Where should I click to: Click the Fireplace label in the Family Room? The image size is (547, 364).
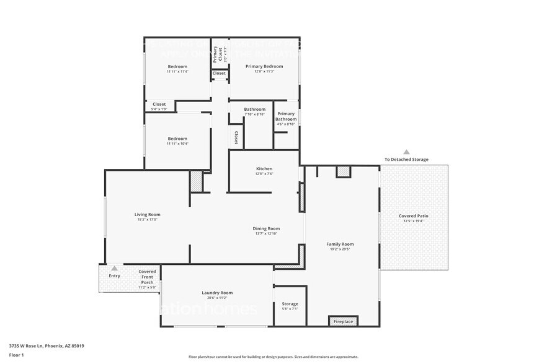tap(343, 322)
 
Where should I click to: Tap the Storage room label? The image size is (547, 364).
tap(290, 304)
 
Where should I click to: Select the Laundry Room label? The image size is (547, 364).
tap(216, 293)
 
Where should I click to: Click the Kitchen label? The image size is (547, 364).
tap(264, 169)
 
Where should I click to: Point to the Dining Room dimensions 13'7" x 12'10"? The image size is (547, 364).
tap(265, 233)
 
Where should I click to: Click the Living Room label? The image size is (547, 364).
tap(148, 214)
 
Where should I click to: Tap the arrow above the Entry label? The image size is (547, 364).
tap(114, 268)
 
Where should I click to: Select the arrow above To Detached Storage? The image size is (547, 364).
tap(406, 151)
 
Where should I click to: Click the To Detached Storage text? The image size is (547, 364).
tap(406, 160)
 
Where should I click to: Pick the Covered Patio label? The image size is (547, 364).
tap(413, 216)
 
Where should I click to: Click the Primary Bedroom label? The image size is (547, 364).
tap(264, 66)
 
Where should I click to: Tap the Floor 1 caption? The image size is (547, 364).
tap(16, 355)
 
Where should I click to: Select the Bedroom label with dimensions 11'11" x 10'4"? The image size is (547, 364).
tap(177, 139)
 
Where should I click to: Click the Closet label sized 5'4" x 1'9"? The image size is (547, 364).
tap(159, 104)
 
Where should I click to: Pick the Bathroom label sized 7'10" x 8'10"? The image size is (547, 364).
tap(254, 110)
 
